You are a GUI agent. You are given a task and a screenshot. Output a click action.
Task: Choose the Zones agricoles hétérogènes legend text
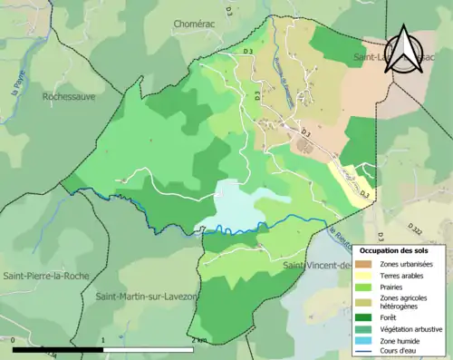pos(405,303)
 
